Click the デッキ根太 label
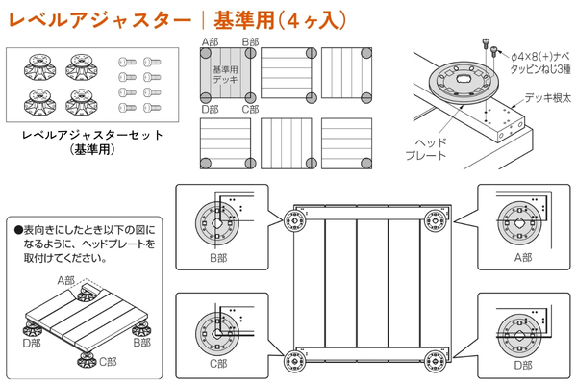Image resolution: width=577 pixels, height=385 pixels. coord(547,98)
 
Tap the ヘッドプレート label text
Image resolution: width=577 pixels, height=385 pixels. coord(426,149)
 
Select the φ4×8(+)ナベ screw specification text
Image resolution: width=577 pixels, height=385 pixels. coord(540,57)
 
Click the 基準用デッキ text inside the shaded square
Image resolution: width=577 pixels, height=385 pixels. coord(225,74)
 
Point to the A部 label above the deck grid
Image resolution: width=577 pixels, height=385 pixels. coord(210,42)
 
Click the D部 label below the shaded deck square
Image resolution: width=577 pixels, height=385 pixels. coord(210,110)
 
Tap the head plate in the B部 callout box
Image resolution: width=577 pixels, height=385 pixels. coord(217,223)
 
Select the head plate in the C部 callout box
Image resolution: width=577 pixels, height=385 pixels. coord(217,334)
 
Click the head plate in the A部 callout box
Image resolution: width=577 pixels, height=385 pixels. coord(519,223)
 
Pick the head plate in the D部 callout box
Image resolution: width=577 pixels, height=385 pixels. coord(519,335)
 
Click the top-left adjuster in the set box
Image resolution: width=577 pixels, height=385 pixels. coord(39,66)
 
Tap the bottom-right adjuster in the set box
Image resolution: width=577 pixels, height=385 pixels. coord(82,101)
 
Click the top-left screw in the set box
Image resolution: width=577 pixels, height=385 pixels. coord(127,62)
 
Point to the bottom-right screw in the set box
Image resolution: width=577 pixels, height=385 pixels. coord(152,108)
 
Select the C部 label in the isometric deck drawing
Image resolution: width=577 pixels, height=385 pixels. coord(108,362)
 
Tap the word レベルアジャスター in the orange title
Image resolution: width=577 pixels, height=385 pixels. coord(100,20)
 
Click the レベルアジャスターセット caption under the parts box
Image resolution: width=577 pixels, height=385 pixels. coord(92,135)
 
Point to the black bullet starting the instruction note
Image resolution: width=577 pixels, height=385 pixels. coord(19,231)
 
